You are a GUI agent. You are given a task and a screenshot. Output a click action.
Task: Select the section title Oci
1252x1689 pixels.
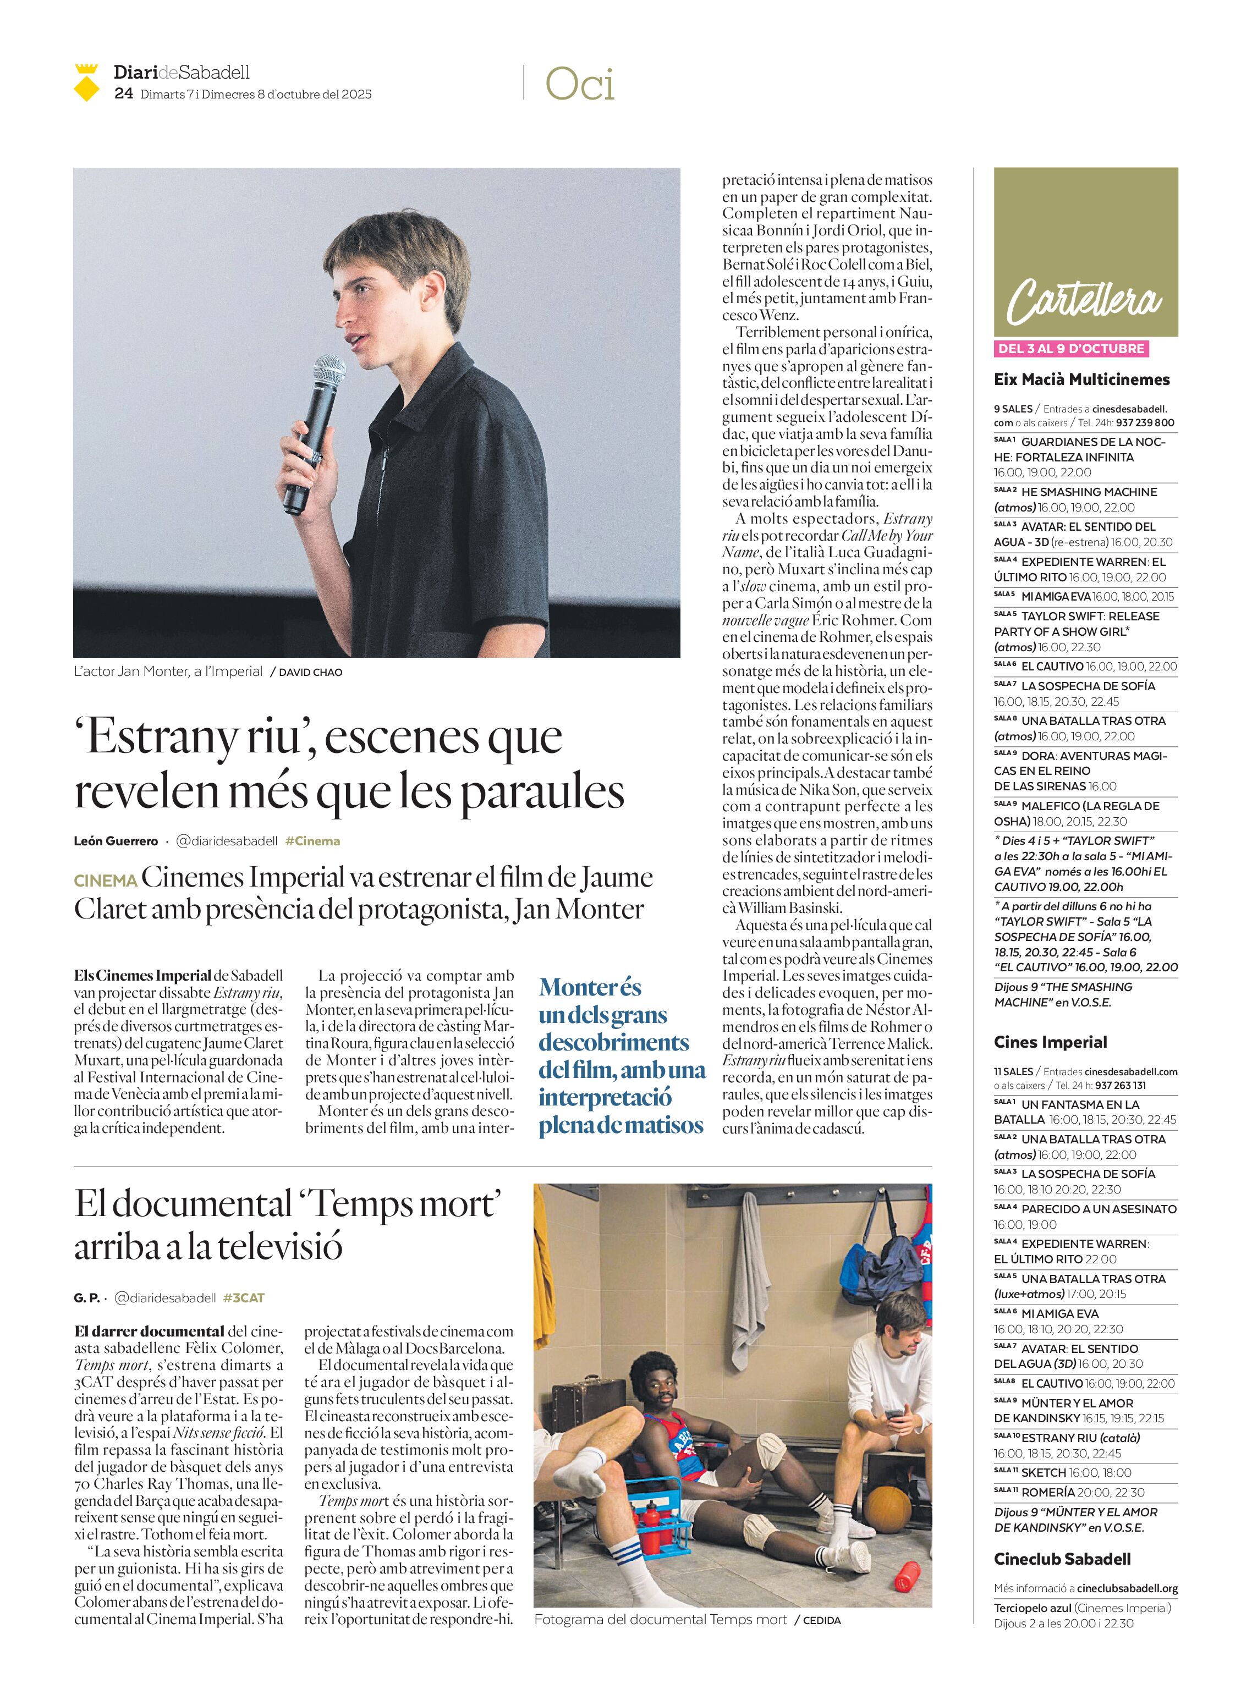click(x=580, y=84)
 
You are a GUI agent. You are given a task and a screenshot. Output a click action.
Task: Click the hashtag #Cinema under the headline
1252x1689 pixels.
click(x=312, y=841)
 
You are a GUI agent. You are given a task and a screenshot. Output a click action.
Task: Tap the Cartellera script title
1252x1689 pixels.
click(x=1085, y=301)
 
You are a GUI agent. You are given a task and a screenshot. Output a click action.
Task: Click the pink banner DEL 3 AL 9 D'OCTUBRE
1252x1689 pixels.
click(x=1071, y=349)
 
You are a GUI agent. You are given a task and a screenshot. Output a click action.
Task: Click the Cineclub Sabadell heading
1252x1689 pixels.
click(x=1062, y=1559)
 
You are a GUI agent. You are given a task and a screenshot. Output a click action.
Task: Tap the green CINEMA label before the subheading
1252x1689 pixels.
click(x=106, y=881)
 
